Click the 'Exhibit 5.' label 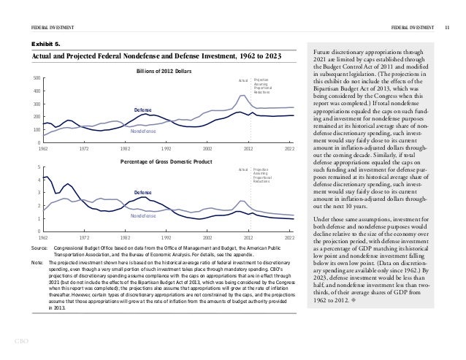[43, 43]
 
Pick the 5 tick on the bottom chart [39, 168]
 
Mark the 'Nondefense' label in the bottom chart [143, 216]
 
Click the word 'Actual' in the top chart [244, 80]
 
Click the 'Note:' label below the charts [37, 261]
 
